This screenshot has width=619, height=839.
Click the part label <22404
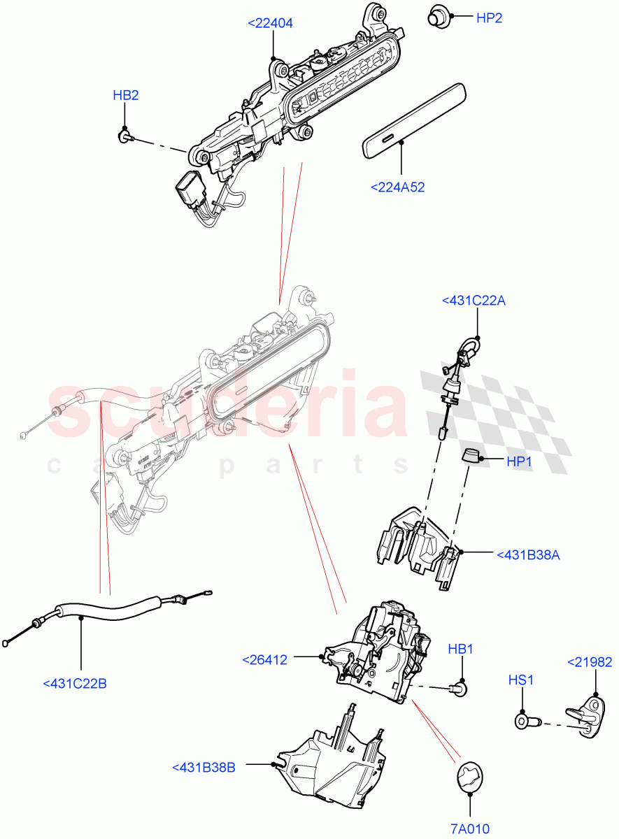click(x=270, y=23)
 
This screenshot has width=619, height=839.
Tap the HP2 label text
click(x=489, y=19)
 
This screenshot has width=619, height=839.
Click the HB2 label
click(x=126, y=95)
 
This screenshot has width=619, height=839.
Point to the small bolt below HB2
click(x=124, y=135)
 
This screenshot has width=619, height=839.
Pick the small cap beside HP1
click(x=471, y=457)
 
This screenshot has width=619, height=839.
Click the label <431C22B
click(x=75, y=683)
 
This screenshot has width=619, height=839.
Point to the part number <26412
click(x=265, y=659)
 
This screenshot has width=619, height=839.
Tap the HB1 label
click(x=461, y=650)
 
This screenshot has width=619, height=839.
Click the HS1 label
click(x=521, y=679)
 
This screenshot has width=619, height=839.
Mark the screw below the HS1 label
click(x=523, y=721)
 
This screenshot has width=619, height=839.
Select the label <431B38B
click(x=204, y=767)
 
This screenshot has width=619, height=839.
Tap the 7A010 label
click(x=469, y=829)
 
